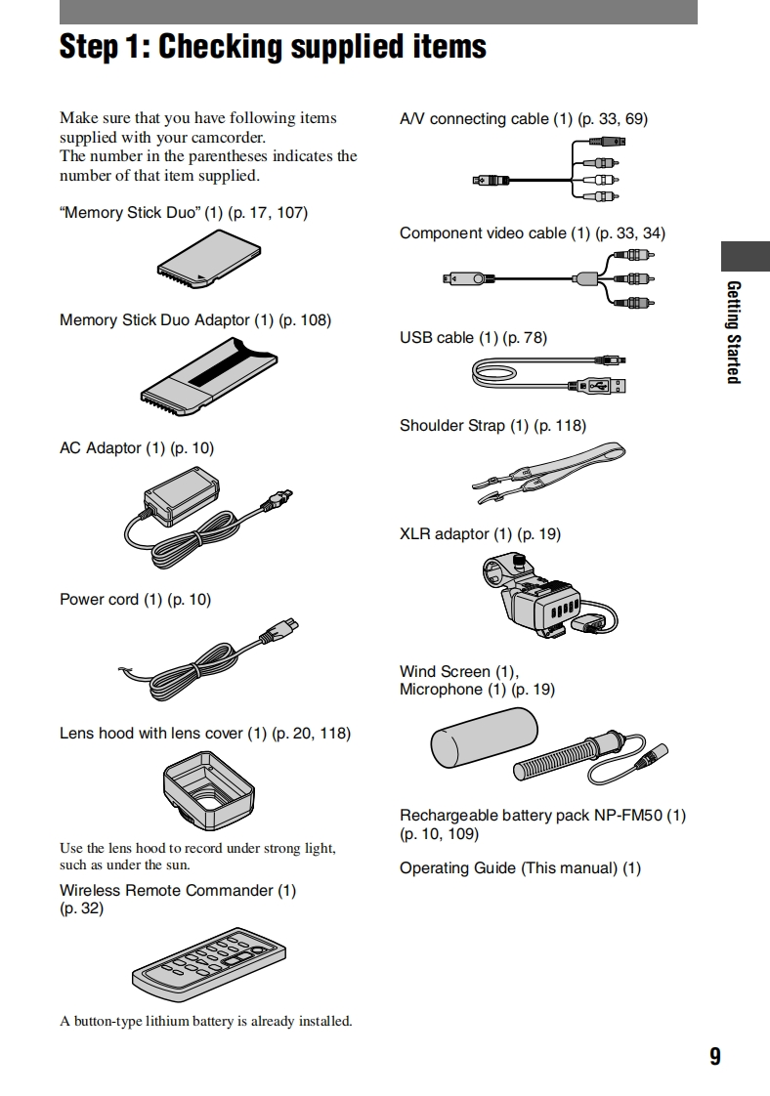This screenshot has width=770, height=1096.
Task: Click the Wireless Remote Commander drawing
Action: coord(210,961)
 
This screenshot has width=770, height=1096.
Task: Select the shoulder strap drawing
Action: coord(546,473)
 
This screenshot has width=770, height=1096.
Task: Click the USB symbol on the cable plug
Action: coord(599,386)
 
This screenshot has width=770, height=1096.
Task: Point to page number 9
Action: coord(715,1056)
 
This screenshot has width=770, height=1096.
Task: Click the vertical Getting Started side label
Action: coord(734,332)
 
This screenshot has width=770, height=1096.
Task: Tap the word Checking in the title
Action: coord(225,46)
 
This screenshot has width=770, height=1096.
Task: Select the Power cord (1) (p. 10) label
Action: coord(135,599)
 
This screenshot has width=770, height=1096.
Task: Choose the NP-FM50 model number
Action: coord(628,815)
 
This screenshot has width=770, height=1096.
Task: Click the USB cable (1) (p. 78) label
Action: coord(473,337)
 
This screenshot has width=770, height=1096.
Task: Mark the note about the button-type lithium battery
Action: coord(205,1021)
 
